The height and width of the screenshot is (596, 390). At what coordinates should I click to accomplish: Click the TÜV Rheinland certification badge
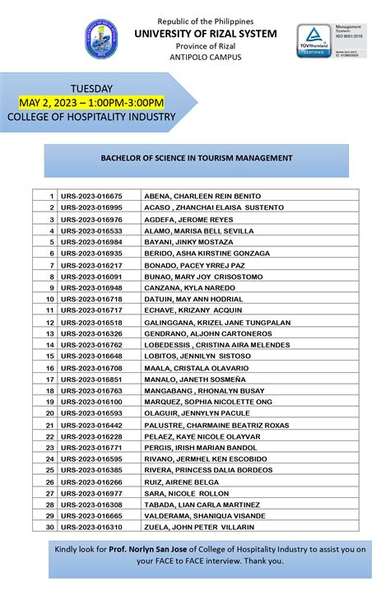(313, 40)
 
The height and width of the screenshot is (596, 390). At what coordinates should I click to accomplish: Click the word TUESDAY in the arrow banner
(91, 88)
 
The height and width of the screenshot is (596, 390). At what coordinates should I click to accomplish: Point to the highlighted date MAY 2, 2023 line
(91, 102)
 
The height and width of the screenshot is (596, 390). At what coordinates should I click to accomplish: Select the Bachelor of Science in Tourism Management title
(196, 156)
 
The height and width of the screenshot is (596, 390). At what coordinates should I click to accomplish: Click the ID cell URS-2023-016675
(91, 196)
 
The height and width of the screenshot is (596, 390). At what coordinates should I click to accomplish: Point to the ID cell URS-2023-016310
(91, 527)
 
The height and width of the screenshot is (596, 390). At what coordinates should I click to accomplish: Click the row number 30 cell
(49, 527)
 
